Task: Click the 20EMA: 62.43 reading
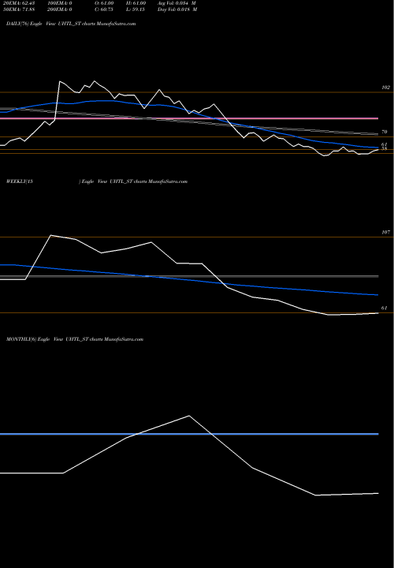[20, 4]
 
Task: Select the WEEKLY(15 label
[19, 181]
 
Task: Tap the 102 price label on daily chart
[385, 88]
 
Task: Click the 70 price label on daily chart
[385, 133]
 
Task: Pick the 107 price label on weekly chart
[385, 233]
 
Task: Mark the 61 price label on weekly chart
[385, 308]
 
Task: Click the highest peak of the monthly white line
[189, 416]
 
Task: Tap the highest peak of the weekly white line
[51, 235]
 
